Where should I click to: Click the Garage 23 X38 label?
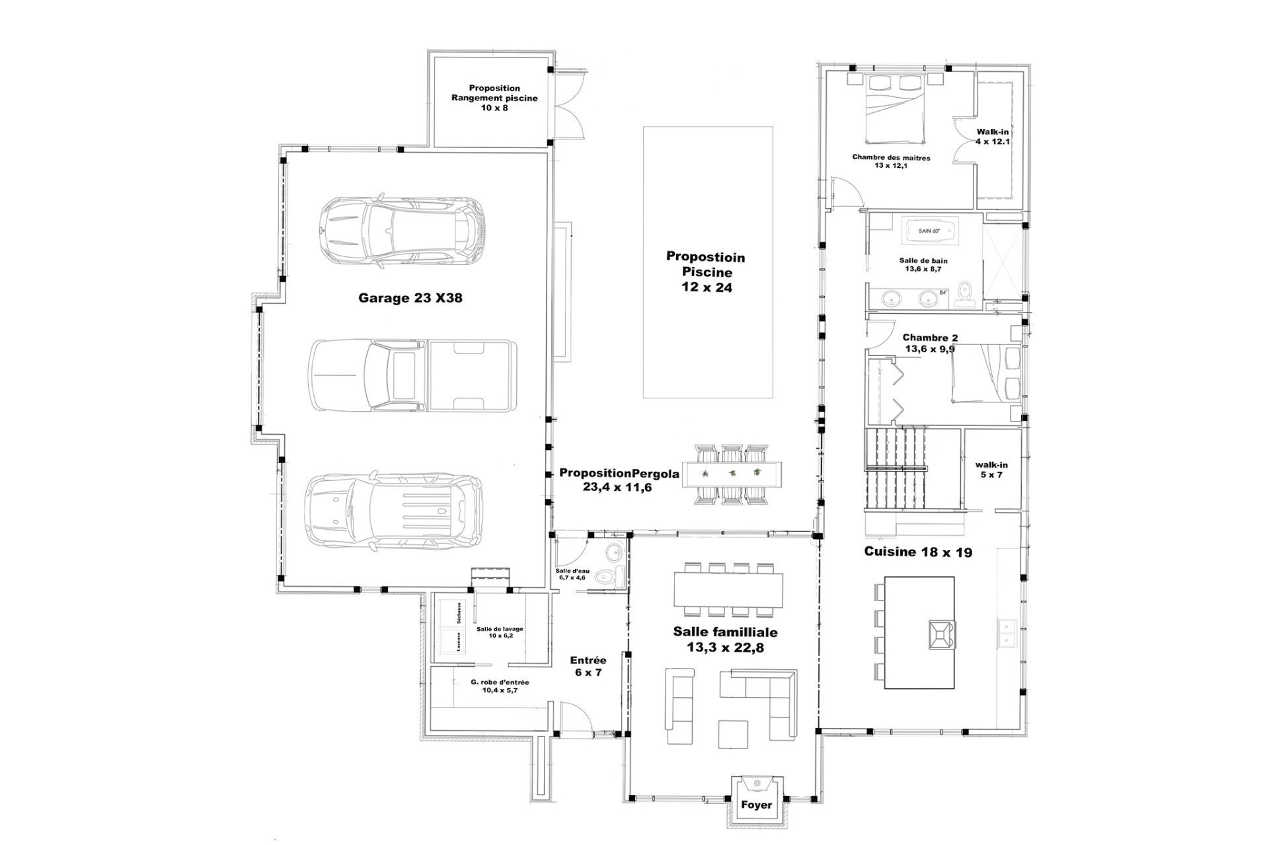tap(410, 298)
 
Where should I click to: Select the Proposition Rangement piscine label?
tap(494, 97)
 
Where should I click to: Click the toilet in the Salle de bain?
tap(966, 295)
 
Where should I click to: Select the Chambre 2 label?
tap(929, 343)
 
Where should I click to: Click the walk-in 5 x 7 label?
tap(991, 469)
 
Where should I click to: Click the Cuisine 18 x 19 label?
tap(918, 552)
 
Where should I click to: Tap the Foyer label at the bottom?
tap(756, 805)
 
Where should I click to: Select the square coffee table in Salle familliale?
tap(733, 734)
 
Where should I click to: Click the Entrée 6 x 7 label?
tap(588, 666)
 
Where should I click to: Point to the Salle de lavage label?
tap(500, 632)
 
